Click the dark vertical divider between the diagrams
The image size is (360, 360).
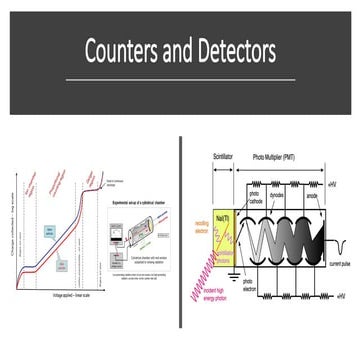[181, 240]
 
